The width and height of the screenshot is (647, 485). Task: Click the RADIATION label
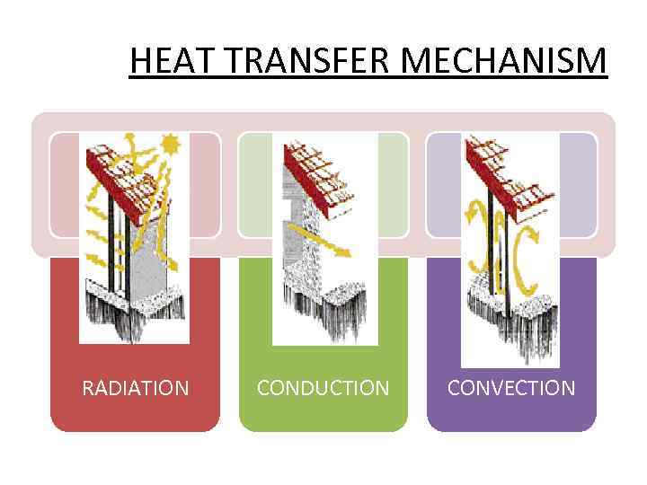coord(135,388)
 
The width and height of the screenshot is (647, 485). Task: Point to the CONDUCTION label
coord(323,388)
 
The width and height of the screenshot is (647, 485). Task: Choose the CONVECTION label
coord(511,388)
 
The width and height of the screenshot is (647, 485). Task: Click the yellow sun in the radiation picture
coord(170,143)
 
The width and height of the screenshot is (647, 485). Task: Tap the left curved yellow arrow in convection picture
coord(477,242)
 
